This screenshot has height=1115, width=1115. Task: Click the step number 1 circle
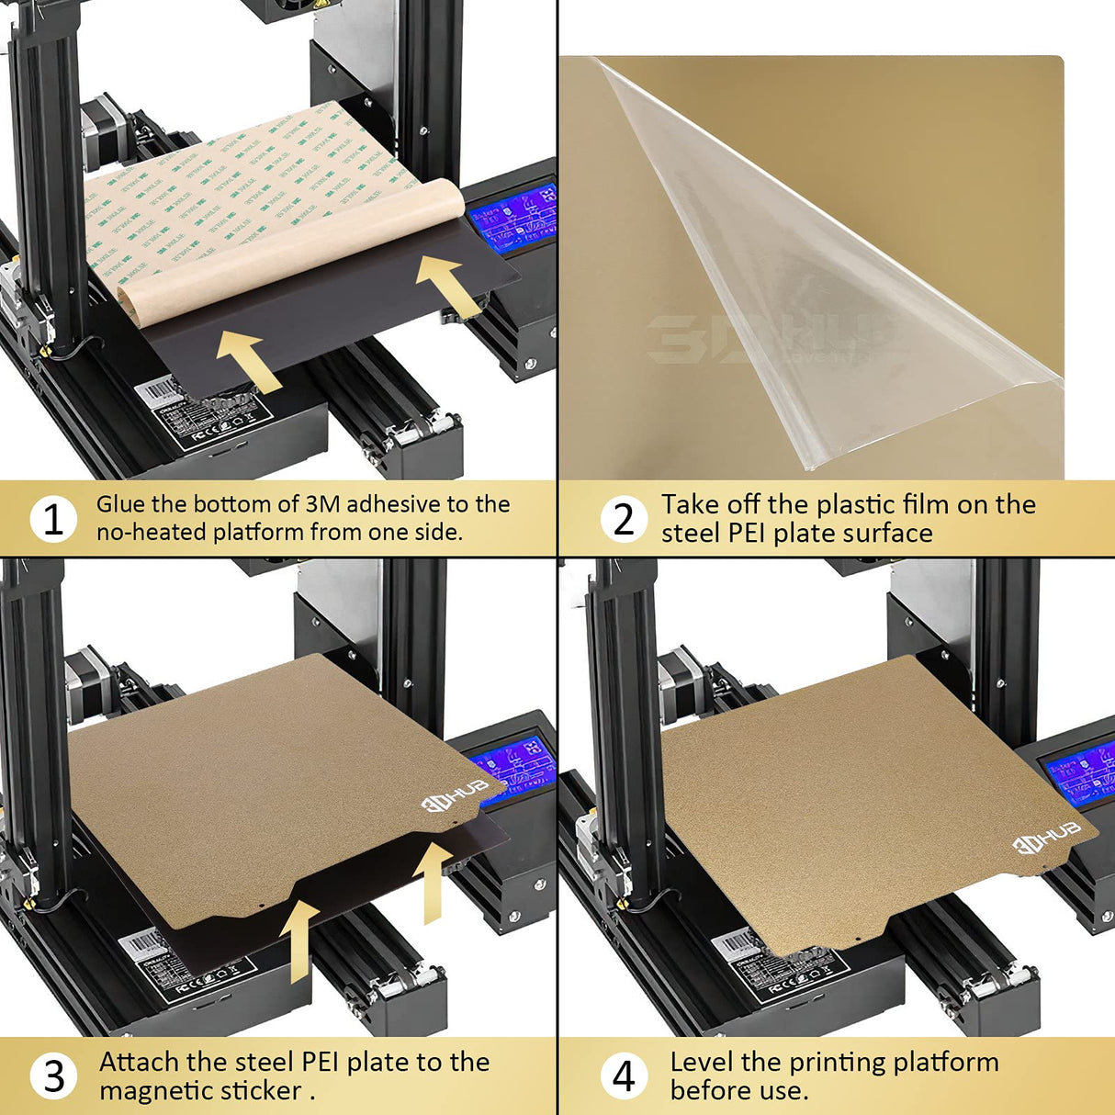(x=53, y=519)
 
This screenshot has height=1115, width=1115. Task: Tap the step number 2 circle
(x=624, y=519)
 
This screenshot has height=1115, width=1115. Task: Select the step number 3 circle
(x=53, y=1076)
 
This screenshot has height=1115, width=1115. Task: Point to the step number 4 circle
(x=624, y=1076)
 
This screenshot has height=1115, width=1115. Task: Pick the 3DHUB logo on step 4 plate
(x=1046, y=837)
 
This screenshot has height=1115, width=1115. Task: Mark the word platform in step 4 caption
(x=945, y=1062)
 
